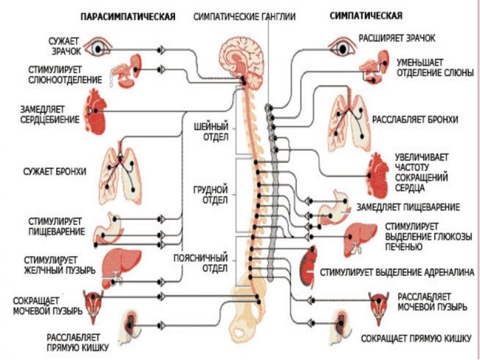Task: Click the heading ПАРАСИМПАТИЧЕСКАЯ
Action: coord(128,16)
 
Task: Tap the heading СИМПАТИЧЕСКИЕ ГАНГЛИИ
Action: coord(244,16)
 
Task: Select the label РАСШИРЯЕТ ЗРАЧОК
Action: coord(397,38)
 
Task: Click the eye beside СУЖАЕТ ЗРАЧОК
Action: coord(97,48)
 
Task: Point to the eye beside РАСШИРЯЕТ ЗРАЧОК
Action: coord(342,47)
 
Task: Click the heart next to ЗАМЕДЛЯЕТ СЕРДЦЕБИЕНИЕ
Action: coord(95,112)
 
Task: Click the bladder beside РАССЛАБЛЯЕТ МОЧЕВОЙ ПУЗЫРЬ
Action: coord(379,308)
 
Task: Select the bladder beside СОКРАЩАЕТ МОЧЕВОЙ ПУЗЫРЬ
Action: coord(93,306)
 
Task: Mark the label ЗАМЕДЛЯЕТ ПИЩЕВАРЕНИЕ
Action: coord(408,207)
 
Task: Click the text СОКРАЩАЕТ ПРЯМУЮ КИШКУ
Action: coord(416,339)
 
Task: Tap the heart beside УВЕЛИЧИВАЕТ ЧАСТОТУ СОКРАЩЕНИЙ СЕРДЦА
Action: coord(378,175)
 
